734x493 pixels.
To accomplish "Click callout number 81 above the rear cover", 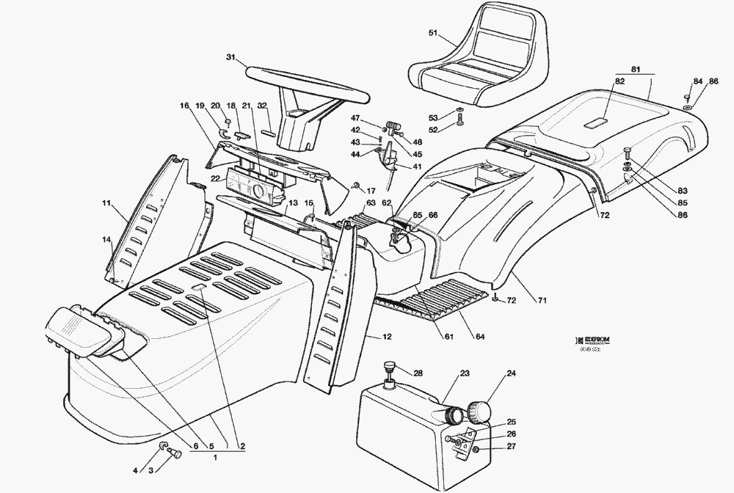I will pyautogui.click(x=636, y=69).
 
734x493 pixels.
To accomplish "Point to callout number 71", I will pyautogui.click(x=542, y=301).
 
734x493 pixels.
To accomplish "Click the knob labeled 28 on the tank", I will pyautogui.click(x=389, y=368).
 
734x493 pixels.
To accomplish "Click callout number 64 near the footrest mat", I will pyautogui.click(x=479, y=337).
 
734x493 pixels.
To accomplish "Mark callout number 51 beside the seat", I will pyautogui.click(x=432, y=32).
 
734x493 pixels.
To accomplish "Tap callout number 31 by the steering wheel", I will pyautogui.click(x=231, y=58).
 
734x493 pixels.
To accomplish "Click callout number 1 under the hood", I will pyautogui.click(x=216, y=458).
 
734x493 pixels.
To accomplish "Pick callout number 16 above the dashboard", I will pyautogui.click(x=184, y=106).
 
